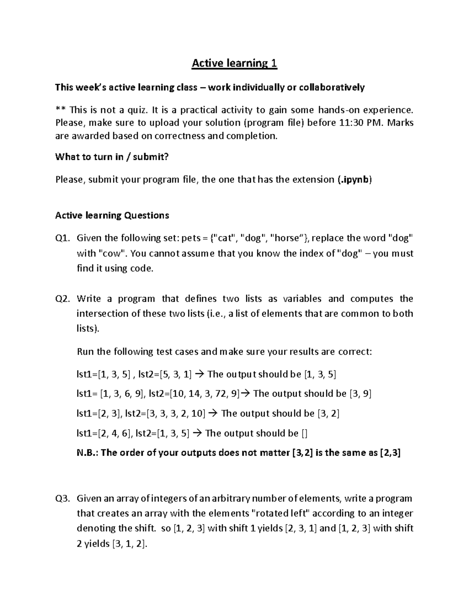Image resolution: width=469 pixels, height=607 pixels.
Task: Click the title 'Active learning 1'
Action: [x=234, y=63]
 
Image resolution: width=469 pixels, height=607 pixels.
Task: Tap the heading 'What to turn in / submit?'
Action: [x=112, y=157]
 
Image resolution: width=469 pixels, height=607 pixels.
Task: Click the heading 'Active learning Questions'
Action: [x=112, y=215]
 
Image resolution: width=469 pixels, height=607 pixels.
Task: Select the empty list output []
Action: [x=304, y=433]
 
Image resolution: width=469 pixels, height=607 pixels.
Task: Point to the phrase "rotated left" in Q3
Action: [x=280, y=513]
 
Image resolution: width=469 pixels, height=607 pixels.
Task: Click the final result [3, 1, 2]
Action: [x=129, y=544]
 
